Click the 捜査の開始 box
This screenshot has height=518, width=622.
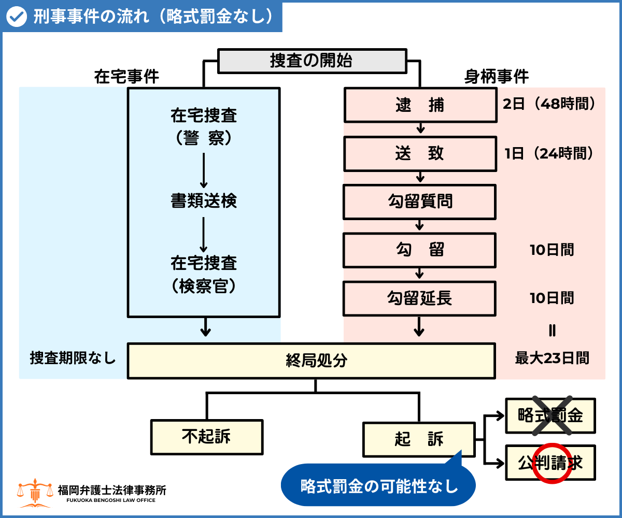coord(311,61)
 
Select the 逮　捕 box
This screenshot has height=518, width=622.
coord(420,105)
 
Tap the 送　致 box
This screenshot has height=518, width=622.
coord(420,154)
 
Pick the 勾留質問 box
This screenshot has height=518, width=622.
coord(420,202)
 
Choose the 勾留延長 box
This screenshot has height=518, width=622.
coord(420,298)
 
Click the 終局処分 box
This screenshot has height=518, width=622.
coord(311,360)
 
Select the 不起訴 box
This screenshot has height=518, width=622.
coord(206,436)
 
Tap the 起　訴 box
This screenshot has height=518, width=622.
coord(419,439)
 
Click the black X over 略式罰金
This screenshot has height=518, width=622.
coord(550,415)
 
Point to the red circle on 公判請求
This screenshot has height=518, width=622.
coord(551,463)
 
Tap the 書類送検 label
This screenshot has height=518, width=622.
coord(204,200)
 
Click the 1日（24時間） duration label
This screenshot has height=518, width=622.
coord(548,153)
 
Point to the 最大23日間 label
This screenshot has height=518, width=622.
coord(552,358)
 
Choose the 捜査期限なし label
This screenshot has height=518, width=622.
coord(73,358)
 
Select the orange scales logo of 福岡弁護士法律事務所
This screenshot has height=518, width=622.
coord(35,493)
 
